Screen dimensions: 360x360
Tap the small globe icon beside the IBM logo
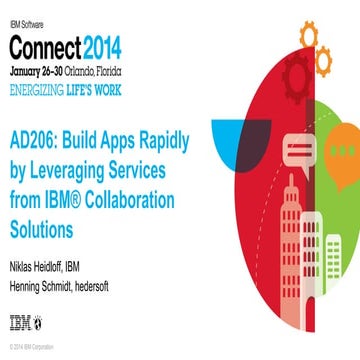[x=38, y=322]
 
